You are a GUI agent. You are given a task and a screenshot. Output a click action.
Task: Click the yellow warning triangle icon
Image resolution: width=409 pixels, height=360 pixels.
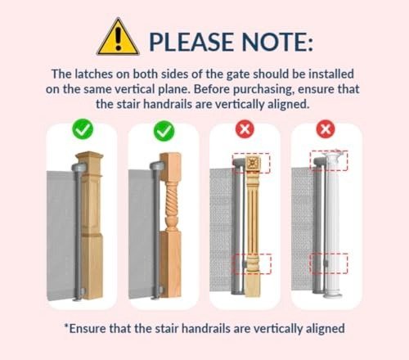tap(118, 37)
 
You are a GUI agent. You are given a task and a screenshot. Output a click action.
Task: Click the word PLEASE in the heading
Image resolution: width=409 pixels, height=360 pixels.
tap(191, 42)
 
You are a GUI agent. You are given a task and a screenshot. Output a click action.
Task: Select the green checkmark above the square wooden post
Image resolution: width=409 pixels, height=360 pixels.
tap(83, 130)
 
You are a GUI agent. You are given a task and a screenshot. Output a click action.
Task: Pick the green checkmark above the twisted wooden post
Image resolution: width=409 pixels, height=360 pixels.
tap(164, 131)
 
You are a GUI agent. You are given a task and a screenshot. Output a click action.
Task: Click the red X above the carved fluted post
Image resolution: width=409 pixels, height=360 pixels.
tap(245, 128)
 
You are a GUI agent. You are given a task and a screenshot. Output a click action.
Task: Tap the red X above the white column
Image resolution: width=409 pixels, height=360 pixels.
tap(326, 128)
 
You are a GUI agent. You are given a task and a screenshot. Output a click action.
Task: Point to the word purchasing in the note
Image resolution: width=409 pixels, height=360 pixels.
tap(263, 90)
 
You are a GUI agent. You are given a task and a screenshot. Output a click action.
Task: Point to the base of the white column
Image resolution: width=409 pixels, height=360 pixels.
tap(333, 293)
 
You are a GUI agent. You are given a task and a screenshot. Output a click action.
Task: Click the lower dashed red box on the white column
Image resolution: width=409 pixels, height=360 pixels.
tap(329, 263)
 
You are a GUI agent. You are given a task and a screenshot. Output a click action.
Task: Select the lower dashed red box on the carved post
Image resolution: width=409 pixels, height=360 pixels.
tap(253, 263)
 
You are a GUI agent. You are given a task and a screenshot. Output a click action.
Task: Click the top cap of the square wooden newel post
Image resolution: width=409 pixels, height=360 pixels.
tap(89, 158)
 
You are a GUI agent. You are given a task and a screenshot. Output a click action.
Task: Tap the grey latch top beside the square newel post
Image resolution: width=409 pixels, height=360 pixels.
tap(79, 167)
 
